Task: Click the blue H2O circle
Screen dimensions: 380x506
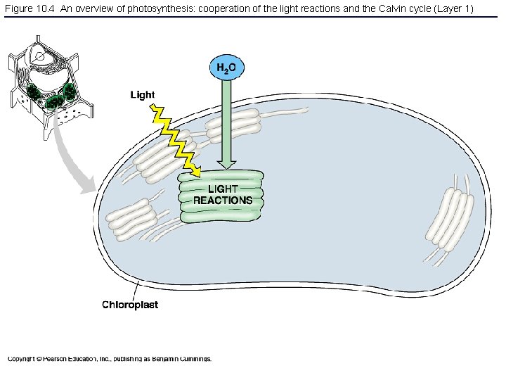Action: point(226,68)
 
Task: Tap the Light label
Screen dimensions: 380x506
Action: point(143,95)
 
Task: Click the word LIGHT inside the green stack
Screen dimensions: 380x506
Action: point(222,189)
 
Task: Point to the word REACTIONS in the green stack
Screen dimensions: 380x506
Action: point(222,201)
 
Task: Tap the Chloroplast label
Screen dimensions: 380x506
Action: point(130,305)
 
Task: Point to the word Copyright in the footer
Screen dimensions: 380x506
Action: point(21,359)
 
